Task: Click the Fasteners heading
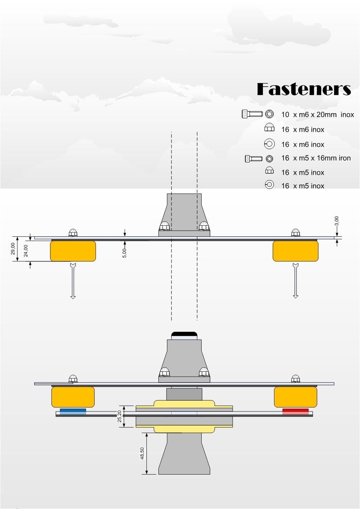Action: coord(304,89)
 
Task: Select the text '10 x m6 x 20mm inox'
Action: coord(317,115)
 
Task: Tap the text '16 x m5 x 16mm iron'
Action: coord(316,158)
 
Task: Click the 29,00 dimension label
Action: coord(13,249)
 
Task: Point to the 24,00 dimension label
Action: coord(26,250)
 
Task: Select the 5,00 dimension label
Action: coord(124,253)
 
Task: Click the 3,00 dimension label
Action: coord(336,221)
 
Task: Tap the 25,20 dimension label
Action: coord(120,416)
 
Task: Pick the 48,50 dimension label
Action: coord(142,454)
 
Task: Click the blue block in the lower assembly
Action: coord(73,411)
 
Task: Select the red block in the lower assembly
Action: coord(295,411)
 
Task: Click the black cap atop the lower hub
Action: coord(184,334)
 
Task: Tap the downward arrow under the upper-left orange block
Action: coord(73,281)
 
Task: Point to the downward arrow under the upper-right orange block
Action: coord(295,281)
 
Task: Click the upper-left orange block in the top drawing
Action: coord(73,251)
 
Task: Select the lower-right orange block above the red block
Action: coord(295,397)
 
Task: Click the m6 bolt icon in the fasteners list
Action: coord(252,114)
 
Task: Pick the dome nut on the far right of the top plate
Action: coord(295,232)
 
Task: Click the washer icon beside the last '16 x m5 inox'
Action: coord(269,185)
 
